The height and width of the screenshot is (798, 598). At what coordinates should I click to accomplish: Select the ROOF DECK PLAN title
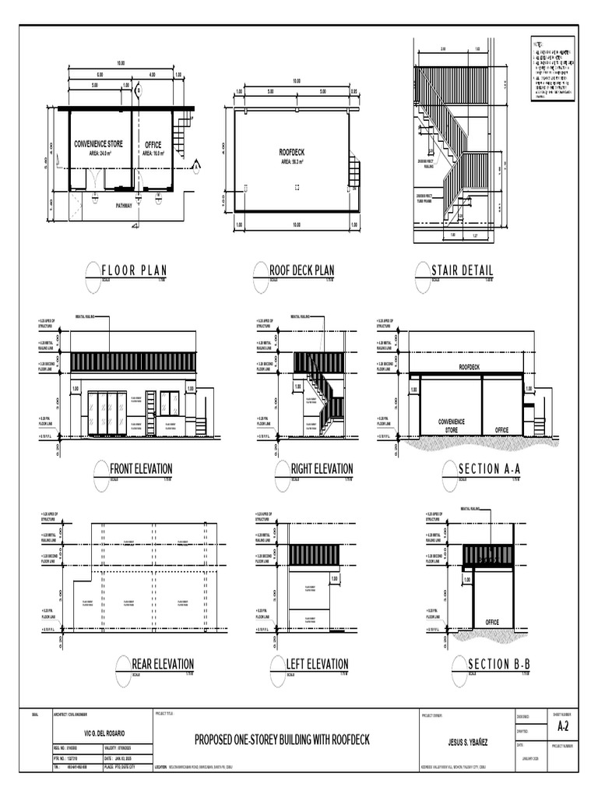click(306, 270)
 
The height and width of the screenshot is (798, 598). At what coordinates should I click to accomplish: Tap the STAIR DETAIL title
click(462, 270)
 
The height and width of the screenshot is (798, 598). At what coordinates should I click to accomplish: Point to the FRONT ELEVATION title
click(141, 468)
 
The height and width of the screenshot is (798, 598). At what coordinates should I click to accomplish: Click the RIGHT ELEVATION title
click(322, 468)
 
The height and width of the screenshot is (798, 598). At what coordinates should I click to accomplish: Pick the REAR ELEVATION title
click(163, 664)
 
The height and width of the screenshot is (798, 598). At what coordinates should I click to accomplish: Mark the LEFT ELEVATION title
click(317, 664)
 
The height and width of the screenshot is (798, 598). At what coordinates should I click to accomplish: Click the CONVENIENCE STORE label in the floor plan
click(98, 145)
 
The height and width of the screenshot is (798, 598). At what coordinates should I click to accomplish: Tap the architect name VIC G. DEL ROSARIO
click(105, 735)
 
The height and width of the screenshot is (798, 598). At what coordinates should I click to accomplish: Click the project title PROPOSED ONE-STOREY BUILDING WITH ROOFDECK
click(282, 739)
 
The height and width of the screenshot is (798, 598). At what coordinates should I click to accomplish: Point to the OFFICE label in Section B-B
click(492, 621)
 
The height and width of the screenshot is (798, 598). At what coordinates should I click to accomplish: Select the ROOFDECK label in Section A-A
click(469, 365)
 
